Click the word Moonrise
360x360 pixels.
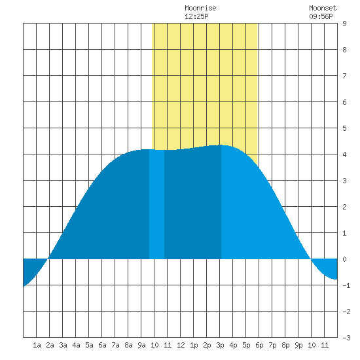coord(200,9)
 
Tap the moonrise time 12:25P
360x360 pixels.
coord(196,16)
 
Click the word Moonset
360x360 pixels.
coord(323,9)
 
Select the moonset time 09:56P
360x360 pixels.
coord(321,16)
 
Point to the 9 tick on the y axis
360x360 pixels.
coord(344,24)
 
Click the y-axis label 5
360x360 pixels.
coord(344,128)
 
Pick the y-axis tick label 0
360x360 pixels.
coord(344,259)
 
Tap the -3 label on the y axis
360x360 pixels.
coord(346,338)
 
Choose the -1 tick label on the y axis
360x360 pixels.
coord(346,285)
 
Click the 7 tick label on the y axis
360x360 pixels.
coord(344,76)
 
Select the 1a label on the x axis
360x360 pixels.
coord(37,345)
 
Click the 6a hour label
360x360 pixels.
coord(102,345)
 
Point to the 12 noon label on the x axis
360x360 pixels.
coord(181,345)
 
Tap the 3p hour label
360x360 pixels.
coord(220,345)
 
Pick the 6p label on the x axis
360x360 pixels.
coord(259,345)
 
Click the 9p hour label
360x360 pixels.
coord(298,345)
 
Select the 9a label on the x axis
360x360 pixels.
coord(141,345)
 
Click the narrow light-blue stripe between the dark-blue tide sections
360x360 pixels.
coord(156,204)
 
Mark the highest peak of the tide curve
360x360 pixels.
coord(221,145)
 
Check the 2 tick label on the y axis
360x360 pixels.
coord(344,207)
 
